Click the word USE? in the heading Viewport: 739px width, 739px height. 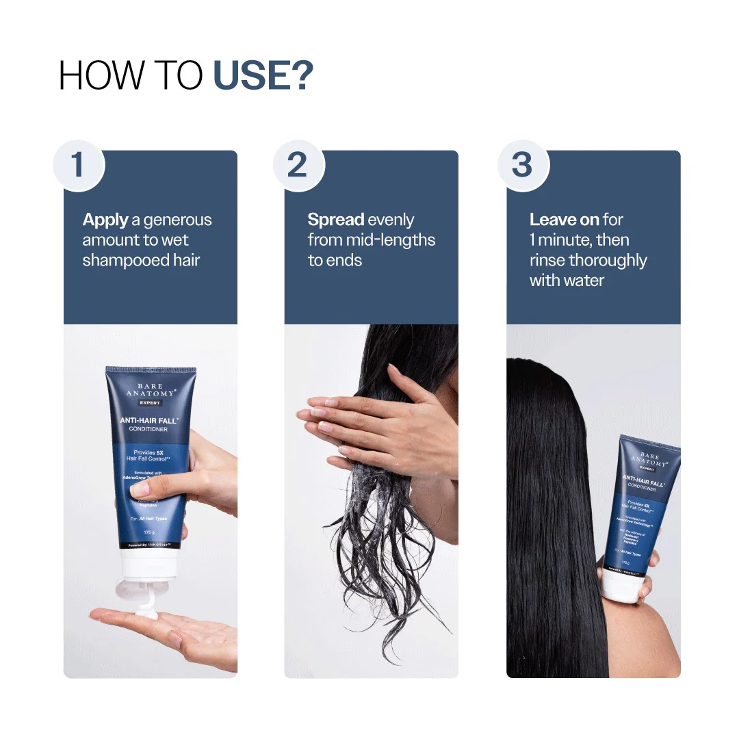point(263,75)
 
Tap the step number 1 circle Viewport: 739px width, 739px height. point(79,166)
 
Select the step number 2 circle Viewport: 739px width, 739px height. point(298,166)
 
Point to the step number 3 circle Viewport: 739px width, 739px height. point(523,166)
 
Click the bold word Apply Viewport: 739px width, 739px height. point(105,220)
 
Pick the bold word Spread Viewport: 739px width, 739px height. point(335,220)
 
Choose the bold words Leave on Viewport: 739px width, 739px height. point(565,220)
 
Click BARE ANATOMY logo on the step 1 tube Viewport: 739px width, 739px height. point(151,391)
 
